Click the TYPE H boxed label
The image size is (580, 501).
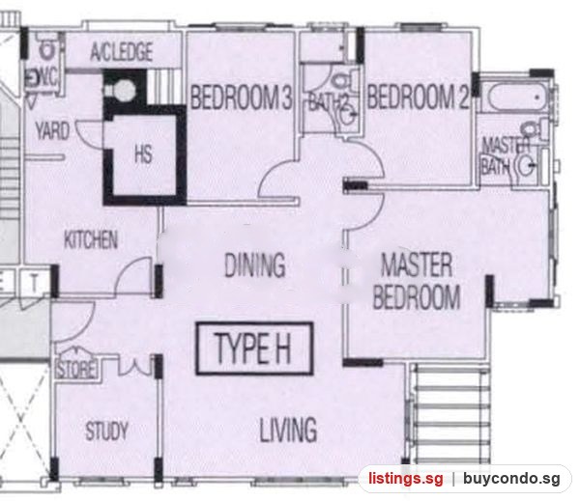254,348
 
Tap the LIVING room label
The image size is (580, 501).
288,430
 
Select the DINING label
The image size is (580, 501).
255,264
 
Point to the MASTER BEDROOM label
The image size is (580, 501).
417,281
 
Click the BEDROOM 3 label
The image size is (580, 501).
241,97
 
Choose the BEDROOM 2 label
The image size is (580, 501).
419,97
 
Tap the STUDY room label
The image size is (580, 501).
107,431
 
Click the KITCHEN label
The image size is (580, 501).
91,239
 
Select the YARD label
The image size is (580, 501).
52,130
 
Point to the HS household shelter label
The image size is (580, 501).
143,154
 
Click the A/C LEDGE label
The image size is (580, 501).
122,52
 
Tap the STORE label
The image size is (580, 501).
76,370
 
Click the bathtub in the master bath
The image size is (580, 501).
516,97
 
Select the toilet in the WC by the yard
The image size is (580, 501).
46,47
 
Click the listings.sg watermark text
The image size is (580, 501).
405,479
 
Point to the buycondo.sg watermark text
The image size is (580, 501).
511,479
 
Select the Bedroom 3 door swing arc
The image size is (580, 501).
274,174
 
